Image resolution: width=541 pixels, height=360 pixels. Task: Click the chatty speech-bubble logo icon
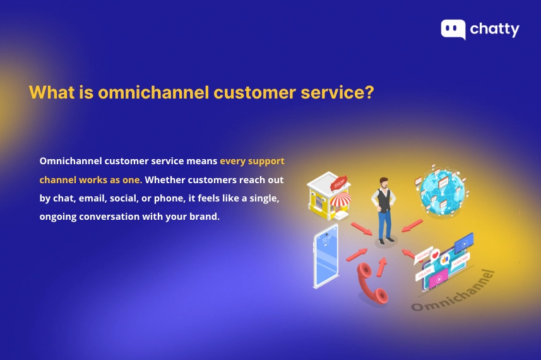click(x=453, y=29)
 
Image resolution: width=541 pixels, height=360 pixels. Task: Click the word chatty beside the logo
click(x=494, y=29)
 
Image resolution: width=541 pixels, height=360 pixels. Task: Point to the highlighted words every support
click(x=252, y=160)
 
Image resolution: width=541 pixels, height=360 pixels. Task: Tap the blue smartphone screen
click(x=326, y=255)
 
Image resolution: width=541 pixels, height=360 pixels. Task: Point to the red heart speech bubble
click(x=435, y=255)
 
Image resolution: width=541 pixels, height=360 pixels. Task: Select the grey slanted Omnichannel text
click(x=453, y=291)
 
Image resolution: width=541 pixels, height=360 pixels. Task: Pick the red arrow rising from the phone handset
click(x=381, y=267)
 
